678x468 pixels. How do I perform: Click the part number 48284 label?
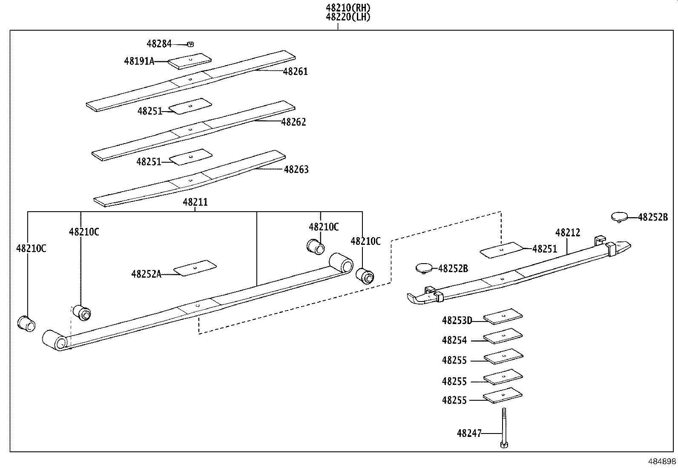click(x=159, y=43)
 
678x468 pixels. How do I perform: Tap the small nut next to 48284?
click(x=190, y=44)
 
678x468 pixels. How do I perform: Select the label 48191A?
click(x=139, y=61)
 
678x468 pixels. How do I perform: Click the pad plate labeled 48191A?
click(x=190, y=61)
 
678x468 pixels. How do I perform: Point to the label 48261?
click(x=295, y=72)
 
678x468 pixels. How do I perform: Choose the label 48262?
click(x=293, y=122)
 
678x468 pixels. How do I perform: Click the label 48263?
click(x=296, y=169)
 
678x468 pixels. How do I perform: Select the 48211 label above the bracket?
click(x=195, y=202)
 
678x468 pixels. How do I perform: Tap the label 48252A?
click(x=146, y=274)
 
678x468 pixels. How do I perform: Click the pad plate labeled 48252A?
click(x=195, y=268)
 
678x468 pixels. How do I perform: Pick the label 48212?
click(x=568, y=233)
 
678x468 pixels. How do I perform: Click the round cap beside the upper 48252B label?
click(x=620, y=216)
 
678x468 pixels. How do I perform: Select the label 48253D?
click(x=457, y=321)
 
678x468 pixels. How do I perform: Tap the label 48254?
click(x=454, y=340)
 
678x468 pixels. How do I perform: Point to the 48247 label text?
click(x=469, y=434)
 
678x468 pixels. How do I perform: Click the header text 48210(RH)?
click(x=348, y=8)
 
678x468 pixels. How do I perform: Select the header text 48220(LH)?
click(x=348, y=17)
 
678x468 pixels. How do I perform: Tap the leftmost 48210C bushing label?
click(x=31, y=249)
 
